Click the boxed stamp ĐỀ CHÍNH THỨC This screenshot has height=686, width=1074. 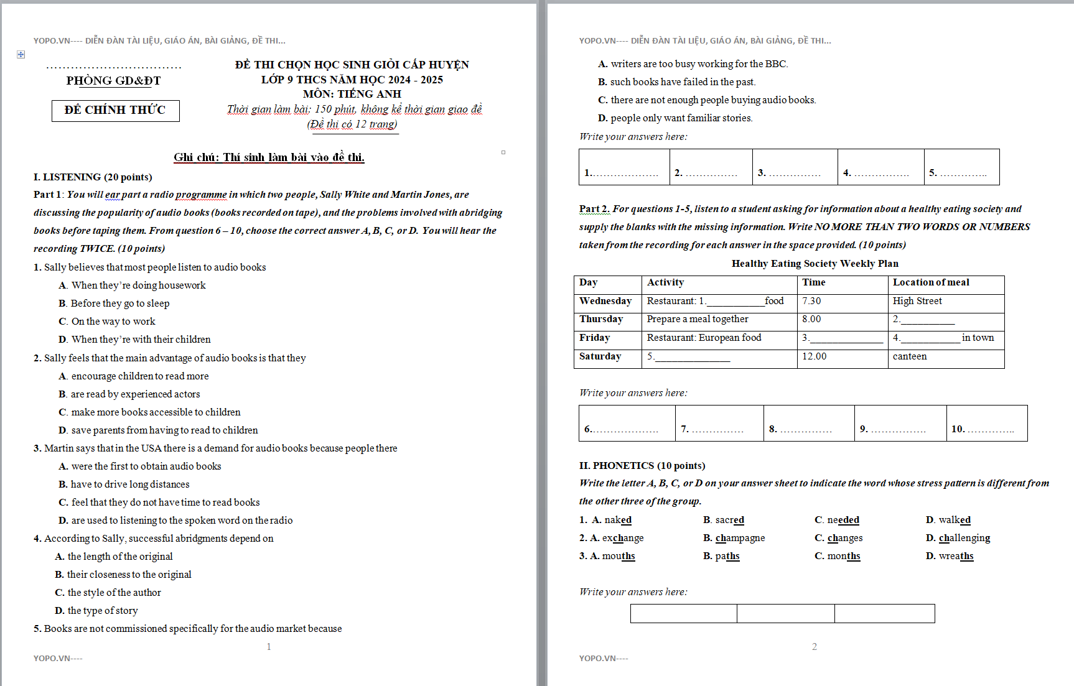click(x=115, y=110)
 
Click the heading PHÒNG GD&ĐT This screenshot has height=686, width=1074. click(x=113, y=81)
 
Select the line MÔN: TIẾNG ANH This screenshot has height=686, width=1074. click(x=352, y=94)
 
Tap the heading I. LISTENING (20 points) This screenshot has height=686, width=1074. click(x=93, y=177)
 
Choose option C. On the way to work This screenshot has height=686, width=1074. click(x=107, y=322)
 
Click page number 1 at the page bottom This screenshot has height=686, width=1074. click(x=269, y=647)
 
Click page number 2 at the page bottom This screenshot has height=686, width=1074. click(x=814, y=647)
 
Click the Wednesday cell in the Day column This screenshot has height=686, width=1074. click(x=605, y=301)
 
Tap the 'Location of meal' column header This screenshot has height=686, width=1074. click(x=931, y=282)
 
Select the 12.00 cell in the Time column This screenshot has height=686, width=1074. click(x=814, y=356)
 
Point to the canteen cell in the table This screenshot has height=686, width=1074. click(x=909, y=356)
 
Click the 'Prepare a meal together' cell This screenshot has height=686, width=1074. click(x=697, y=319)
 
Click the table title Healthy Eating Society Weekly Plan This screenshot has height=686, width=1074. click(x=815, y=264)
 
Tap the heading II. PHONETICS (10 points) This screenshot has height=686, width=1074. click(x=642, y=466)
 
